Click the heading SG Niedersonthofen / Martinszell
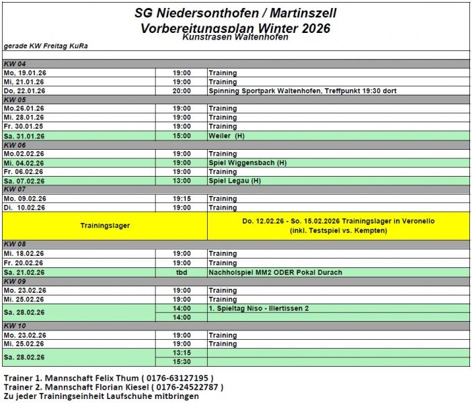click(x=235, y=13)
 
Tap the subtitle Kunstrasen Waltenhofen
click(x=235, y=38)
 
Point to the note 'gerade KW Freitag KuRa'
click(x=46, y=46)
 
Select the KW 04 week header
click(x=15, y=64)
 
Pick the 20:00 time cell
click(x=182, y=91)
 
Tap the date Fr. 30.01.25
click(x=25, y=126)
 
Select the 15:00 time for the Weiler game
click(x=182, y=136)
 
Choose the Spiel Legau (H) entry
click(x=235, y=181)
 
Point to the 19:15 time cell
click(x=182, y=199)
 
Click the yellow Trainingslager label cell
click(x=105, y=226)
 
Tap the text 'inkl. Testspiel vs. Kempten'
click(x=338, y=231)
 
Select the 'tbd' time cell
click(x=182, y=272)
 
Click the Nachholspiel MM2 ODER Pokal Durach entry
click(x=275, y=272)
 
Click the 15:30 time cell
click(x=182, y=361)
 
